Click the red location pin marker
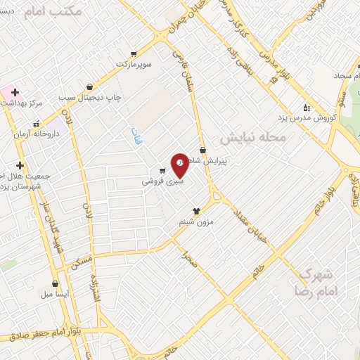click(x=179, y=164)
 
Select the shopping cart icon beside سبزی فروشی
click(x=162, y=171)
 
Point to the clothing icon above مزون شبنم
click(x=195, y=210)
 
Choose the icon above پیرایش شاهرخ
click(x=202, y=150)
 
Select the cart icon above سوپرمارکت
click(x=133, y=53)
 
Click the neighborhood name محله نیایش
click(x=252, y=137)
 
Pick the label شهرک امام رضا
click(x=317, y=282)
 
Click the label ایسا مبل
click(x=56, y=294)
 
